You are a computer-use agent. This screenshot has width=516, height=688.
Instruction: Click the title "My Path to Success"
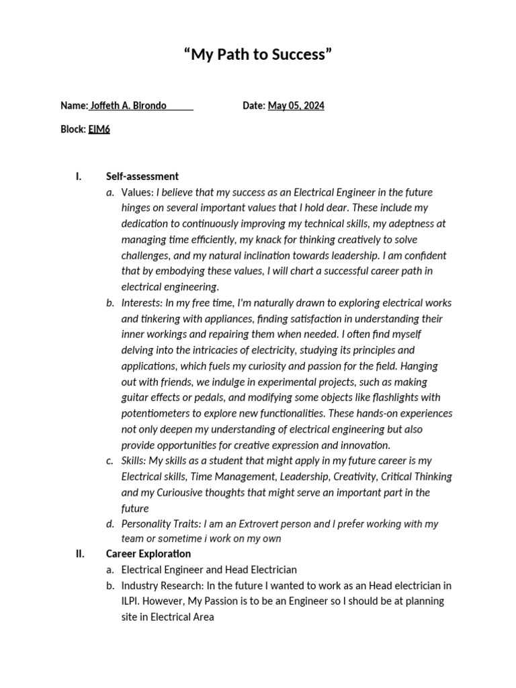point(258,54)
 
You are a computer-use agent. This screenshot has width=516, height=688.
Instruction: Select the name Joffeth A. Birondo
point(128,106)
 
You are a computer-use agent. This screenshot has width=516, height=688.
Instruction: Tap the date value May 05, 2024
point(296,106)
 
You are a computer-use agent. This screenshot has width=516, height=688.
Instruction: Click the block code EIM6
point(99,130)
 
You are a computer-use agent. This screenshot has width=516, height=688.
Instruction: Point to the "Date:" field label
point(253,106)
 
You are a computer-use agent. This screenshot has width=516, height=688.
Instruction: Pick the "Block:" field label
point(73,130)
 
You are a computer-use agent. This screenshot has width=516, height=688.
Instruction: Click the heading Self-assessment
point(142,177)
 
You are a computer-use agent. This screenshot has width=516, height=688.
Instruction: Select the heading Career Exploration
point(148,554)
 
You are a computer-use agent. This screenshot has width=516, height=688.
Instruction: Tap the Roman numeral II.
point(79,554)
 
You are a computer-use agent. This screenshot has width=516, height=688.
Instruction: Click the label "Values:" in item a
point(138,193)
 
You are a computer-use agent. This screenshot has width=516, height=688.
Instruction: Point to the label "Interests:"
point(142,303)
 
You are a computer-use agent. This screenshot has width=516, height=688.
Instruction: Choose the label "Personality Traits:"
point(163,523)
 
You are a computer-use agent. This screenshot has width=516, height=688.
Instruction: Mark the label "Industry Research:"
point(162,585)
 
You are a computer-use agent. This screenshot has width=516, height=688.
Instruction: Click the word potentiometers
point(161,413)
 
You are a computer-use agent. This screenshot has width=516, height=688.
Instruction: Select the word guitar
point(135,398)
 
